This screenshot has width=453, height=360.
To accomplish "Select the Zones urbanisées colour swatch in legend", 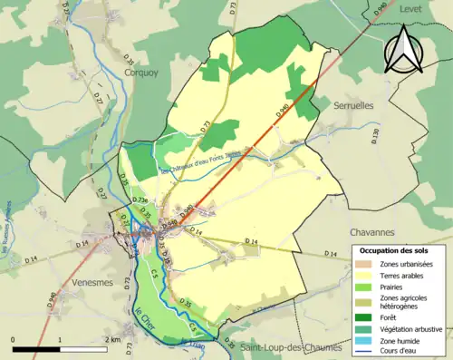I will pyautogui.click(x=362, y=264).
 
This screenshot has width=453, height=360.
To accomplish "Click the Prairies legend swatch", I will pyautogui.click(x=362, y=288).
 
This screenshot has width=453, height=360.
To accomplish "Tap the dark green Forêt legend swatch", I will pyautogui.click(x=362, y=316).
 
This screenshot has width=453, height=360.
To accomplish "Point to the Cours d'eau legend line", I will pyautogui.click(x=362, y=352).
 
